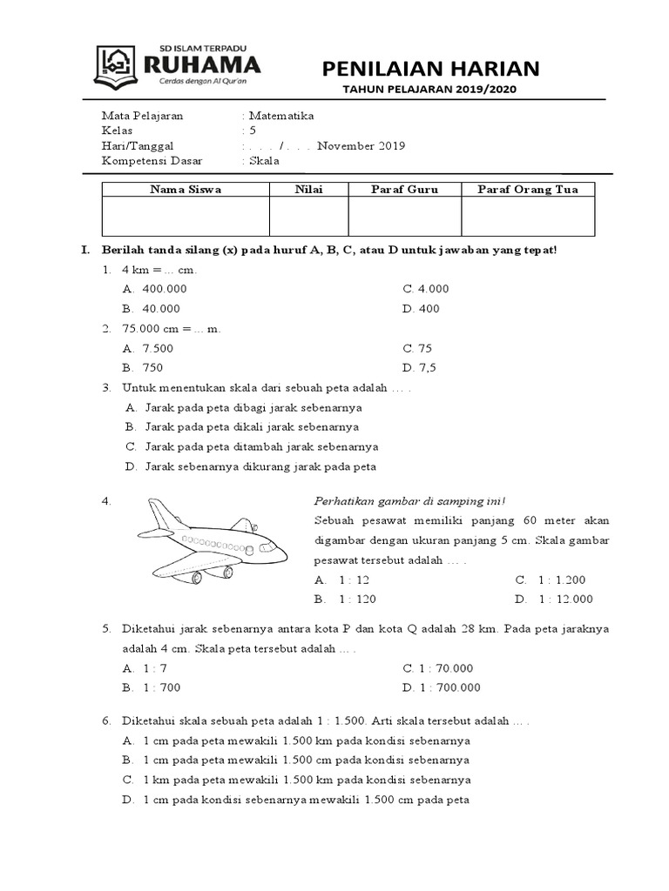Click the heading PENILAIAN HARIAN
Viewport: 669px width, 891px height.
(431, 68)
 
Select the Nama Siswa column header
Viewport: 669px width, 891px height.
(186, 189)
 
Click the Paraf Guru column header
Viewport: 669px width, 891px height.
(404, 189)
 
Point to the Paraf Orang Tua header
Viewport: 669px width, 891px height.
(528, 189)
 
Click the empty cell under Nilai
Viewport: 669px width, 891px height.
(308, 216)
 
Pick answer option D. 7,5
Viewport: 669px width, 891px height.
(421, 367)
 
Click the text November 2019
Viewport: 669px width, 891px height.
(361, 146)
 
